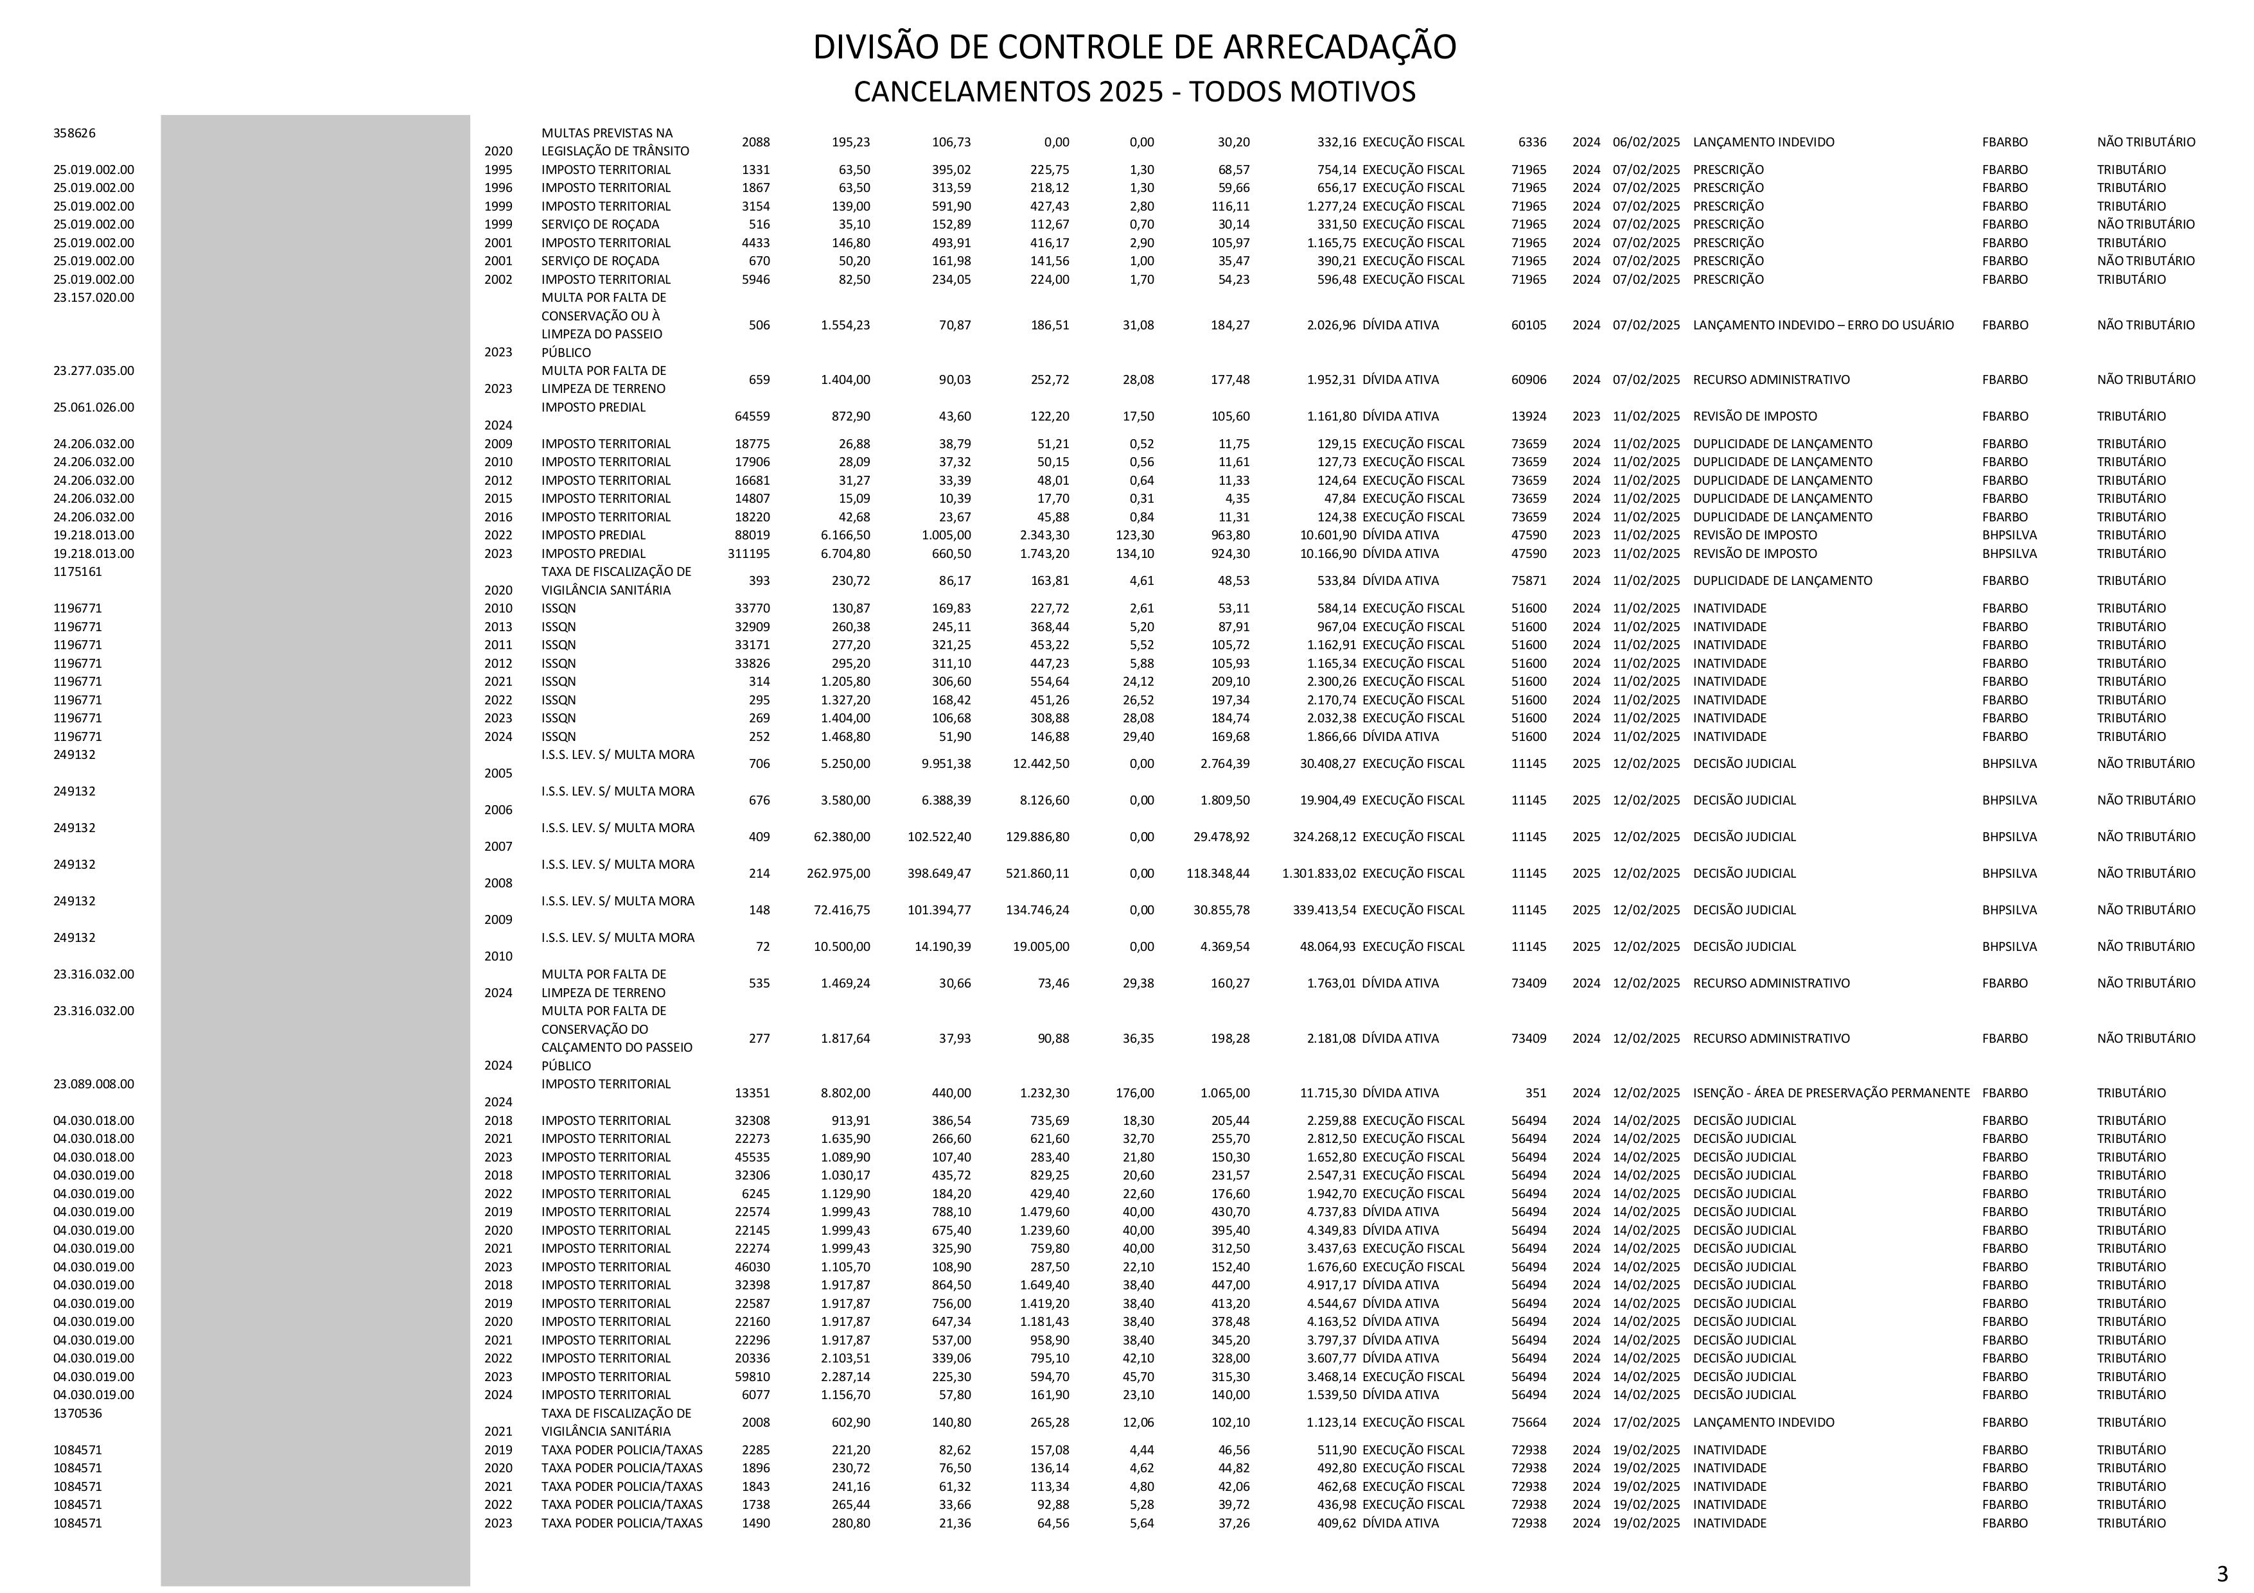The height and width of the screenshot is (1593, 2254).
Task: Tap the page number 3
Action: pos(2223,1572)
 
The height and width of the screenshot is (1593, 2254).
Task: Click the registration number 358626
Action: pos(75,132)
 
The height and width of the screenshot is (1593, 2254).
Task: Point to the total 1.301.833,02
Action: pos(1319,873)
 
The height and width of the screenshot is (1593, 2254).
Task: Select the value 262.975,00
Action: pos(838,873)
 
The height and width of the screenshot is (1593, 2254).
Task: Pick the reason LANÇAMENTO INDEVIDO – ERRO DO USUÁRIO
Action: pos(1823,325)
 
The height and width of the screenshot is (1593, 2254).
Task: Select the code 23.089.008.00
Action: pos(93,1084)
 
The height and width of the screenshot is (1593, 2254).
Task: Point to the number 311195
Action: pos(748,553)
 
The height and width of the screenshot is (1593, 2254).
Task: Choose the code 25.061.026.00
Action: pos(93,407)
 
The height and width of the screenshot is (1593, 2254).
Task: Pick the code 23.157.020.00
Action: pos(93,297)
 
